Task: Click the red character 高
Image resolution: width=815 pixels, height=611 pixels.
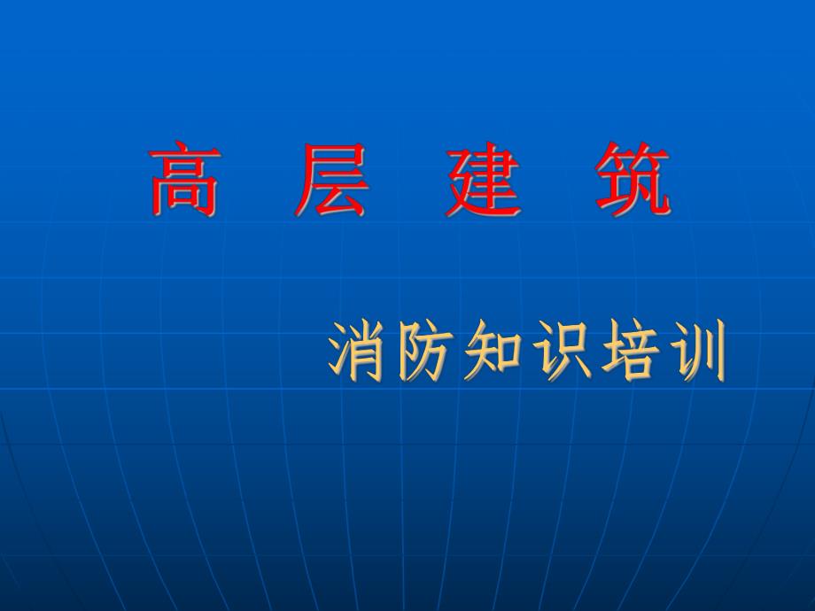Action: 183,182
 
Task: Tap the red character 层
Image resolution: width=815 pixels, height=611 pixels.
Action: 330,182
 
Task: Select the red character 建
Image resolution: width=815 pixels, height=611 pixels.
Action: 481,182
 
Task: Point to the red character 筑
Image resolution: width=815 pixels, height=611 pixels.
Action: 631,182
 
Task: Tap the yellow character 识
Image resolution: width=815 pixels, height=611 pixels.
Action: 561,352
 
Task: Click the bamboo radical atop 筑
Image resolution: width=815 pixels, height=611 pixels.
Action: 631,159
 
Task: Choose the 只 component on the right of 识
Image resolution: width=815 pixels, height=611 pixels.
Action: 571,352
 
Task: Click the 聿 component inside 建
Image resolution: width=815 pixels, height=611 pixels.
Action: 492,177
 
